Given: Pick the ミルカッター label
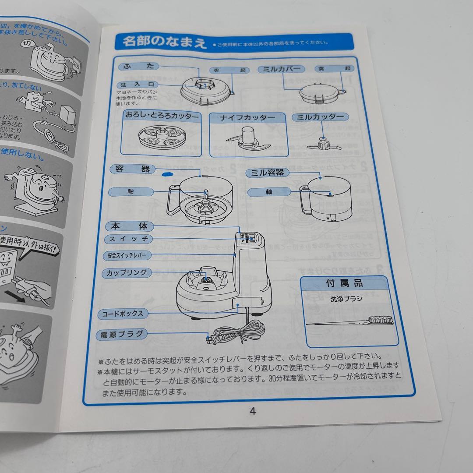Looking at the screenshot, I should (x=320, y=117).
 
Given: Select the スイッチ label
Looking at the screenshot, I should (x=129, y=239).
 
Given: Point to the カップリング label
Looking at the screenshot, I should (x=127, y=272).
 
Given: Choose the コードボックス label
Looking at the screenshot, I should (x=123, y=314).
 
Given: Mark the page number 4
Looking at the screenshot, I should (x=252, y=411).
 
